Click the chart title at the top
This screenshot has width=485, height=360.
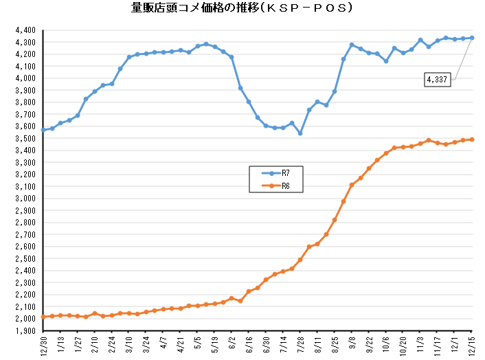242,9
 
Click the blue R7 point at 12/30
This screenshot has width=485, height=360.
43,130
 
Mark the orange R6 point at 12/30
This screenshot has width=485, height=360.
43,317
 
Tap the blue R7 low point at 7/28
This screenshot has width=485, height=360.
300,133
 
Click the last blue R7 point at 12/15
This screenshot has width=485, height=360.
471,38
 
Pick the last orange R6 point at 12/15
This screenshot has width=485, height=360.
471,139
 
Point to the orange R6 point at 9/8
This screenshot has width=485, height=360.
352,185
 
